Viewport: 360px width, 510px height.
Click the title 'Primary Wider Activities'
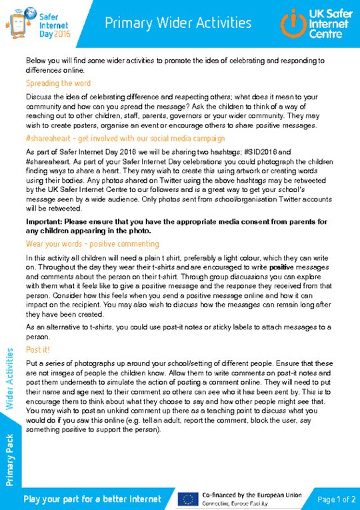point(178,23)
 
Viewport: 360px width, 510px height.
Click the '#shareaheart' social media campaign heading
point(125,139)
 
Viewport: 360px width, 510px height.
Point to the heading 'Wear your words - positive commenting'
point(92,244)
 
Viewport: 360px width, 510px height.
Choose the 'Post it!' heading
point(37,349)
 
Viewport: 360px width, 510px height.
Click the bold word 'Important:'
point(47,221)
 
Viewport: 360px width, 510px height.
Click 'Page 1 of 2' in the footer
point(337,499)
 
